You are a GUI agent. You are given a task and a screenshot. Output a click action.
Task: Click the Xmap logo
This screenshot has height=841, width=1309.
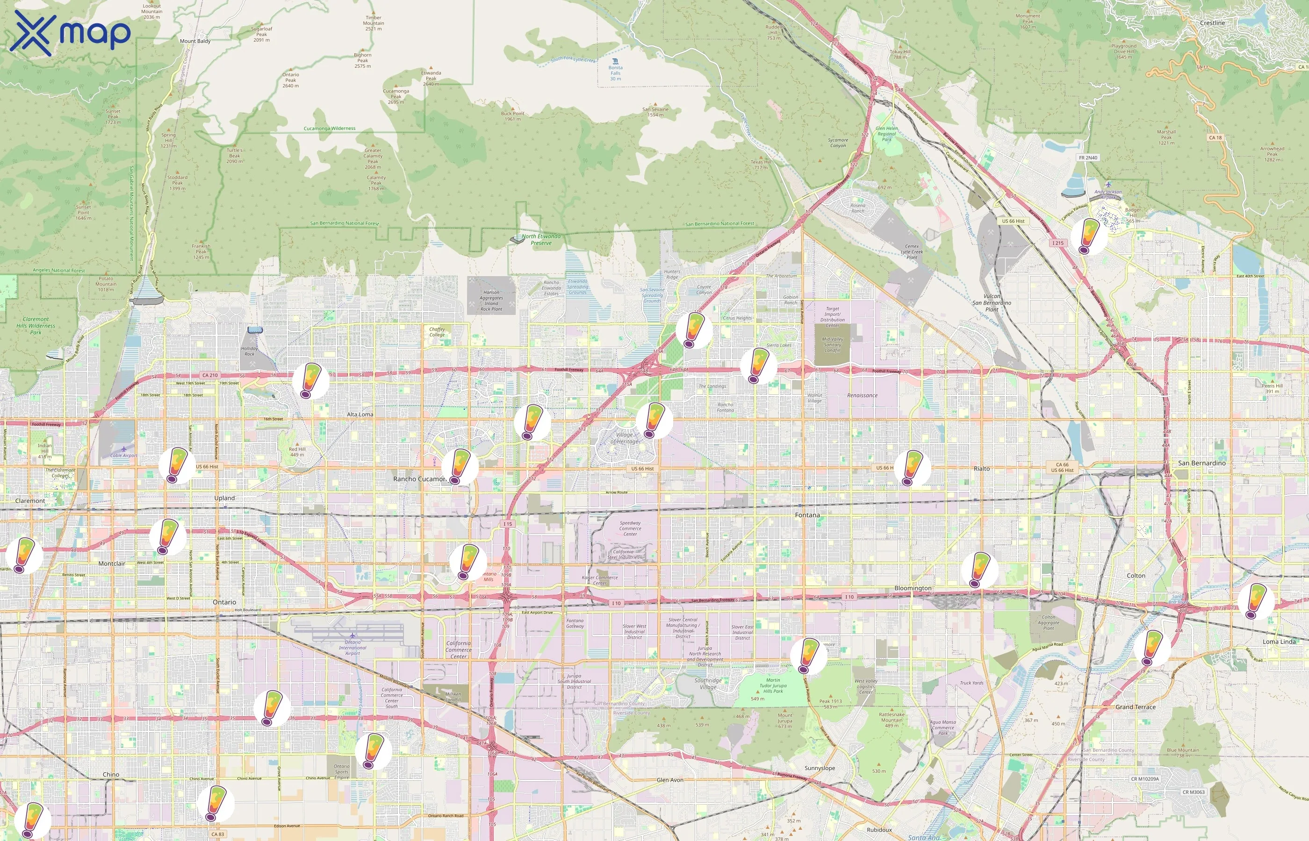click(x=70, y=33)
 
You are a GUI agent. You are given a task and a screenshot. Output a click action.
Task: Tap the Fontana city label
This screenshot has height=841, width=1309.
click(x=807, y=515)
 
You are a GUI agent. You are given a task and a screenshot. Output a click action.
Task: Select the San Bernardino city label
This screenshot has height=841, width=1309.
click(x=1201, y=463)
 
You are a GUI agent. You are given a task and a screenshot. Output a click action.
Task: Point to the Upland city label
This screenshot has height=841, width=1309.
click(x=224, y=498)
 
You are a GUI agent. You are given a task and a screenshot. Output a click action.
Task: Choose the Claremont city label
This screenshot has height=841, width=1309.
click(x=30, y=501)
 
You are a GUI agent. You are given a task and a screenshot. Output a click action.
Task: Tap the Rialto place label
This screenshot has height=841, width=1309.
click(x=981, y=469)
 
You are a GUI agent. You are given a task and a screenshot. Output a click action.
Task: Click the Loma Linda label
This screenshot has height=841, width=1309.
click(x=1279, y=641)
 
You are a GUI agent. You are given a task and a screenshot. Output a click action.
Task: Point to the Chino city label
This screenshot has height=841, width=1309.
click(x=111, y=774)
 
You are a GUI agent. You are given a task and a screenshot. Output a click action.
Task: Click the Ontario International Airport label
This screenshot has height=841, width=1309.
click(x=352, y=648)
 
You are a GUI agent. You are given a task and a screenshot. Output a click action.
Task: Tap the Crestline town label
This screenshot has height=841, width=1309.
click(x=1212, y=23)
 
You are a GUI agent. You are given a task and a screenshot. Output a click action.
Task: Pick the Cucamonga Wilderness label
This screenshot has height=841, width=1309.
click(x=330, y=128)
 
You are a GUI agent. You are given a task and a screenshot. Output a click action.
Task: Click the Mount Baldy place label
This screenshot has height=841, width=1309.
click(x=195, y=41)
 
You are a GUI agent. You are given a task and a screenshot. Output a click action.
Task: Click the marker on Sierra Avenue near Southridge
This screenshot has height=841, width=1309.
click(x=808, y=656)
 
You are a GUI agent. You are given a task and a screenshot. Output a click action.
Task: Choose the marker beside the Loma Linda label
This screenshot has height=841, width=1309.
click(x=1255, y=601)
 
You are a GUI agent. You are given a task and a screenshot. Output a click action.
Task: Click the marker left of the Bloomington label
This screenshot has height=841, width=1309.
click(x=979, y=569)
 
